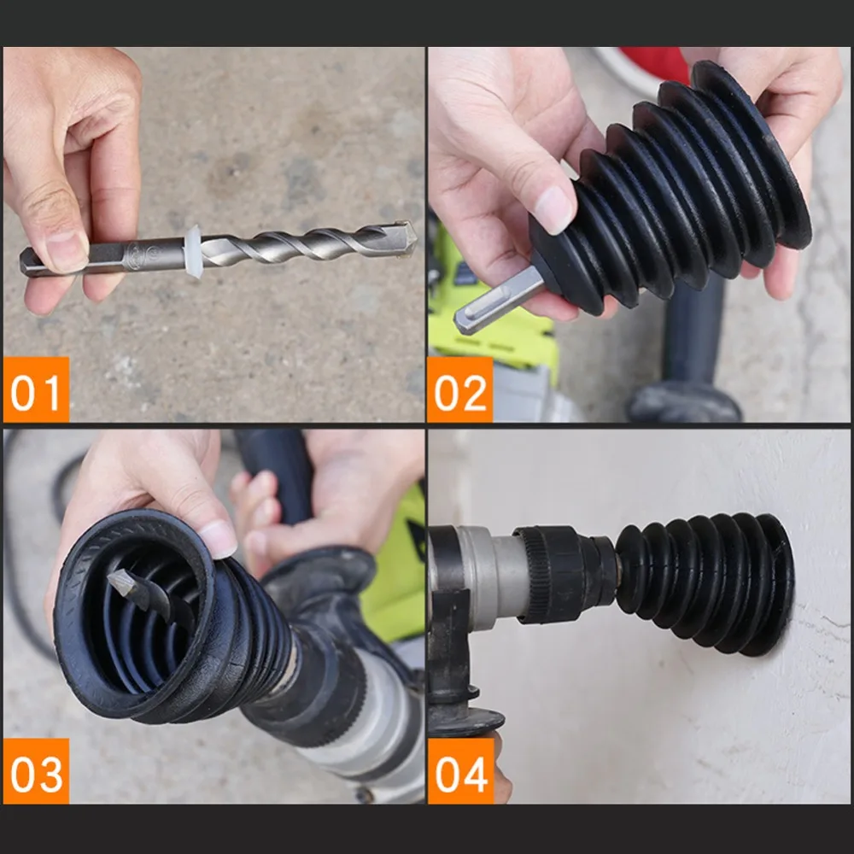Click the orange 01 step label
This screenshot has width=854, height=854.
click(x=36, y=389)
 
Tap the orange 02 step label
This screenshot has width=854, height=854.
click(x=460, y=389)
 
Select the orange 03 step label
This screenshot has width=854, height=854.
click(x=36, y=770)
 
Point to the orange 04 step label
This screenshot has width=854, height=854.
click(x=461, y=770)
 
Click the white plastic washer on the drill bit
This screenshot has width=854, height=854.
click(x=193, y=252)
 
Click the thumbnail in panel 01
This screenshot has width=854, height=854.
click(x=66, y=249)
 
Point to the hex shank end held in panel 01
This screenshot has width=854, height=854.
click(x=32, y=260)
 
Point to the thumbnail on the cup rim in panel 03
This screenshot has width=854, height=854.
click(x=217, y=538)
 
